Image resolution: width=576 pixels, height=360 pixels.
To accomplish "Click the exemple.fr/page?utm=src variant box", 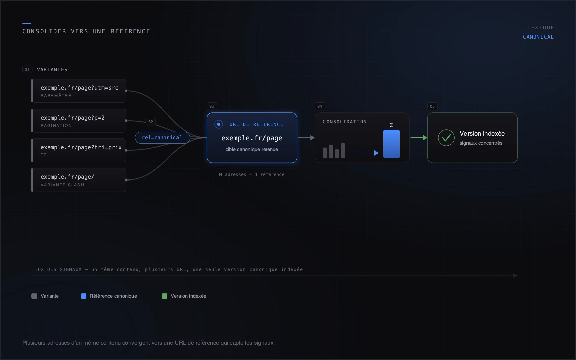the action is tap(79, 91).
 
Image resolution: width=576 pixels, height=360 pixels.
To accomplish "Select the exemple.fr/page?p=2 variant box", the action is tap(79, 121).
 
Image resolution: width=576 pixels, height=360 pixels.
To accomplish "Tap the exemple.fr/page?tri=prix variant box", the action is tap(79, 150).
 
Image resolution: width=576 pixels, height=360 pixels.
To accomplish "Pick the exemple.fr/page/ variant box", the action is tap(79, 180).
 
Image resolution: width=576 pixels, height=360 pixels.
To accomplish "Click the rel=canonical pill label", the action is tap(162, 138).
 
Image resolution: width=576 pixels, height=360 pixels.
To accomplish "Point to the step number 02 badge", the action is tap(151, 122).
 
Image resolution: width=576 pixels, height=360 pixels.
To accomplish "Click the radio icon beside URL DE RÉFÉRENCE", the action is tap(219, 124).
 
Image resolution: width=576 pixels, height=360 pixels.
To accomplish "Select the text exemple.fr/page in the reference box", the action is tap(252, 138).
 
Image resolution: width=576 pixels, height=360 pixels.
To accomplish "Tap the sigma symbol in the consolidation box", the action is tap(391, 125).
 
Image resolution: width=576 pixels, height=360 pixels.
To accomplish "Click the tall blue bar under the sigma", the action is tap(391, 144).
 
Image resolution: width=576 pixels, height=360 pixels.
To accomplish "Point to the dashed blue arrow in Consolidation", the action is tap(364, 153).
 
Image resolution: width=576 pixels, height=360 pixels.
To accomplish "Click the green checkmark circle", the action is tap(446, 138).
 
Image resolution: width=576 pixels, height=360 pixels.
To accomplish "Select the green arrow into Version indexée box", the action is tap(419, 138).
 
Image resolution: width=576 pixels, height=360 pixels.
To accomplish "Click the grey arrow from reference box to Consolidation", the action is tap(306, 138).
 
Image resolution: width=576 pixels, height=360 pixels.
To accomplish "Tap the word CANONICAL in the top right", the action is tap(538, 37).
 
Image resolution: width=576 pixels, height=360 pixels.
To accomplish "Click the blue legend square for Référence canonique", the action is tap(84, 296).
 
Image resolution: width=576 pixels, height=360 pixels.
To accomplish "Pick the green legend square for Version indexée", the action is tap(165, 296).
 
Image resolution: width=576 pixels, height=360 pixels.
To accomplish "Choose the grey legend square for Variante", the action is tap(34, 296).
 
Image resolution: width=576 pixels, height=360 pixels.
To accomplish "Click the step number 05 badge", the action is tap(432, 106).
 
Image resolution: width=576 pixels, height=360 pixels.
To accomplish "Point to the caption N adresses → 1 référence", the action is tap(251, 174).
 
